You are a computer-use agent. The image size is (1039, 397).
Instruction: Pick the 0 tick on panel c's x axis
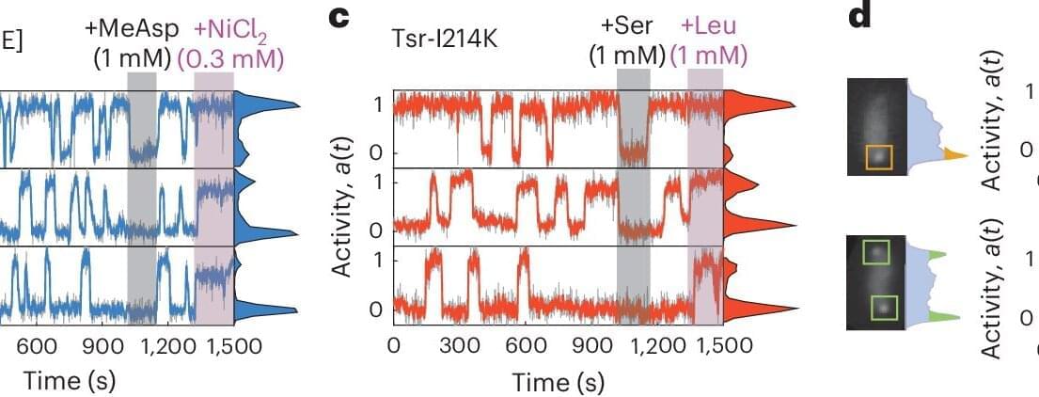pos(395,345)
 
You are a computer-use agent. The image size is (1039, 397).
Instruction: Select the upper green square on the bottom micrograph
pos(876,253)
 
